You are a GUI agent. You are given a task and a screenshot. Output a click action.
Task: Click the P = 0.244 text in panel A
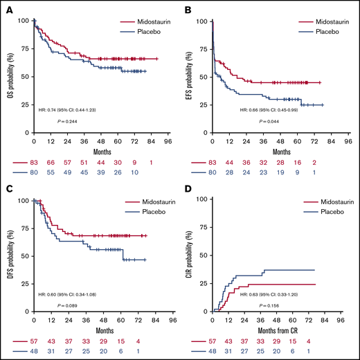[71, 121]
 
